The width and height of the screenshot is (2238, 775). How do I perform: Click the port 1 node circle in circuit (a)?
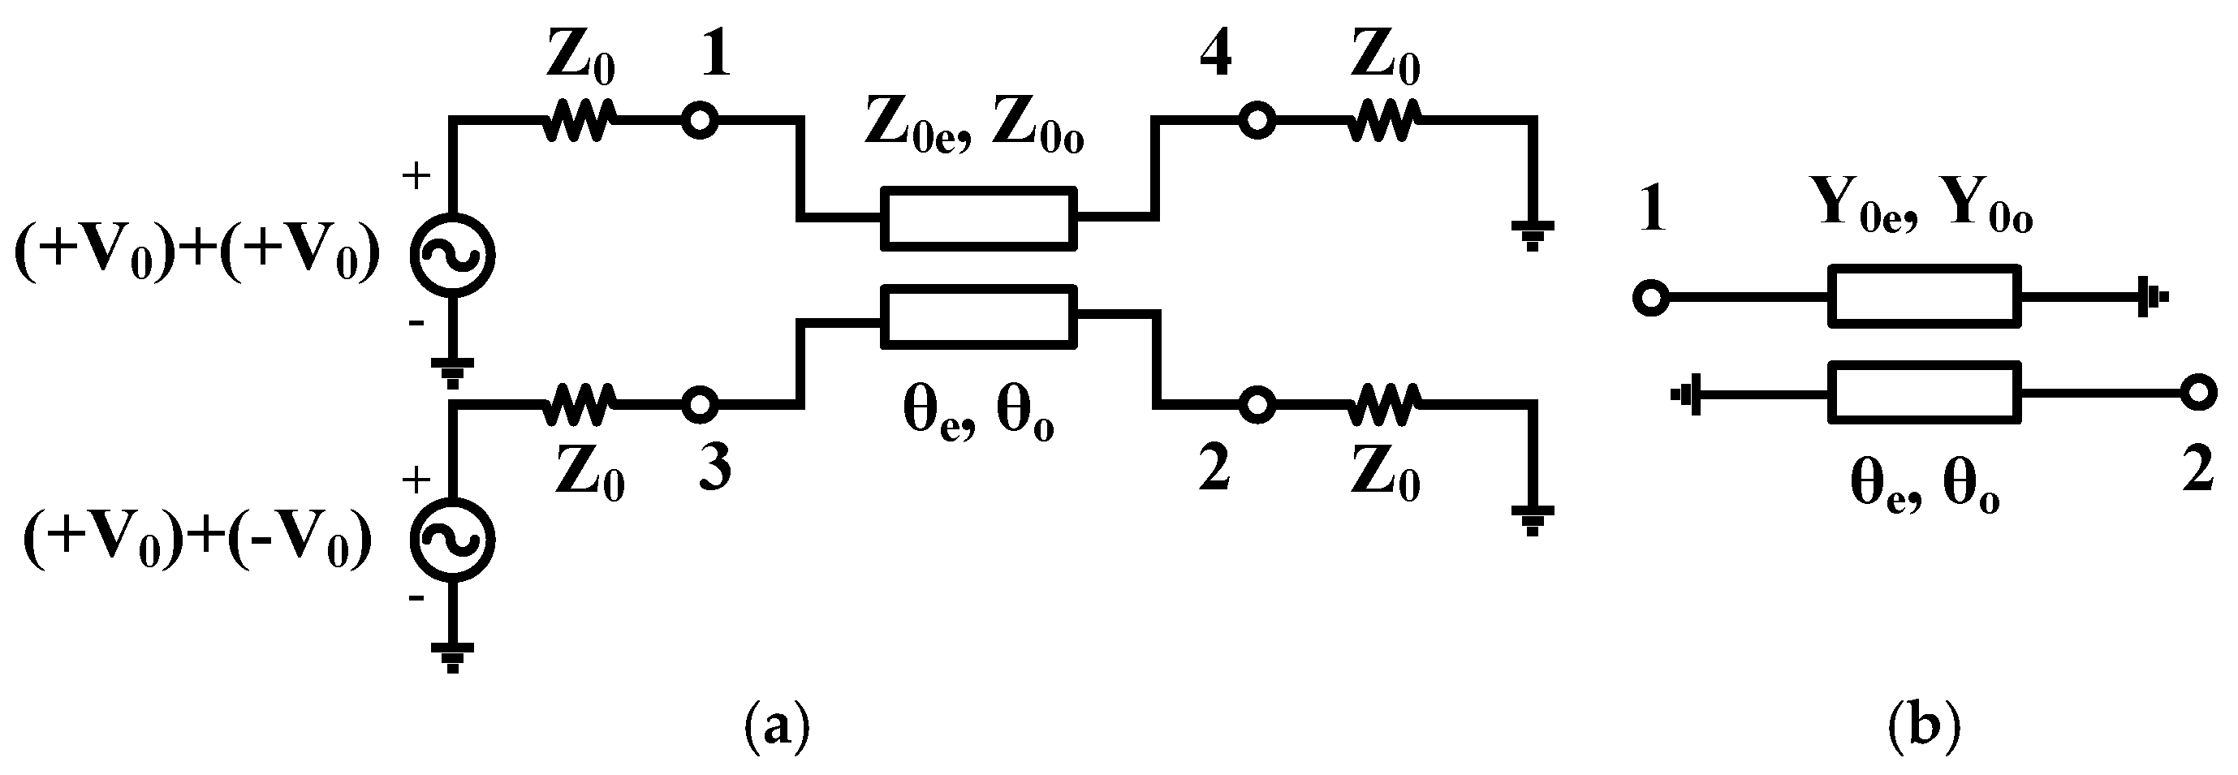pyautogui.click(x=700, y=121)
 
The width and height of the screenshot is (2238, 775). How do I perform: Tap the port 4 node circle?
pyautogui.click(x=1257, y=121)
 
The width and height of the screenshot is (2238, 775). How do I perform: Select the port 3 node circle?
pyautogui.click(x=700, y=404)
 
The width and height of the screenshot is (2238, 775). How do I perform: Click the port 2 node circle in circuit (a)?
pyautogui.click(x=1257, y=404)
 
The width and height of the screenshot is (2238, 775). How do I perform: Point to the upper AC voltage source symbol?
pyautogui.click(x=453, y=256)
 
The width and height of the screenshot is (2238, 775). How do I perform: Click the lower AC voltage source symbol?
pyautogui.click(x=453, y=540)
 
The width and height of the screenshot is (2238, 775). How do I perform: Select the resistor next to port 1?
pyautogui.click(x=580, y=121)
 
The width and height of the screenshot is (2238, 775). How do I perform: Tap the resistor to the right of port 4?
pyautogui.click(x=1385, y=121)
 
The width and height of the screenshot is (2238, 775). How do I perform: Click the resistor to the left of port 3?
pyautogui.click(x=580, y=404)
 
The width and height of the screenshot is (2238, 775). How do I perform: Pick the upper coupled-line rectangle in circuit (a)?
pyautogui.click(x=978, y=218)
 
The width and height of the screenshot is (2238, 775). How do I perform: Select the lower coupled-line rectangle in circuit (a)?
pyautogui.click(x=978, y=317)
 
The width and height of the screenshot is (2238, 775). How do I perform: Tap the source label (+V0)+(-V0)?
pyautogui.click(x=198, y=542)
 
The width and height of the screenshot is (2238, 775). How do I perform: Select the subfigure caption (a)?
pyautogui.click(x=778, y=728)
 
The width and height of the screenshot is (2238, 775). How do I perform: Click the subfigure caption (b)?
pyautogui.click(x=1925, y=728)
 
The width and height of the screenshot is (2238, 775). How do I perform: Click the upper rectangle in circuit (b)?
pyautogui.click(x=1925, y=296)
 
